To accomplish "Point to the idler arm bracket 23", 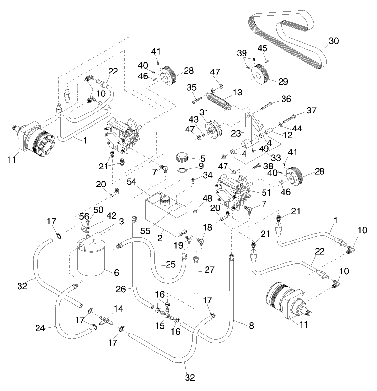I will point(251,128).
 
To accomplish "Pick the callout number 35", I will point(191,87).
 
